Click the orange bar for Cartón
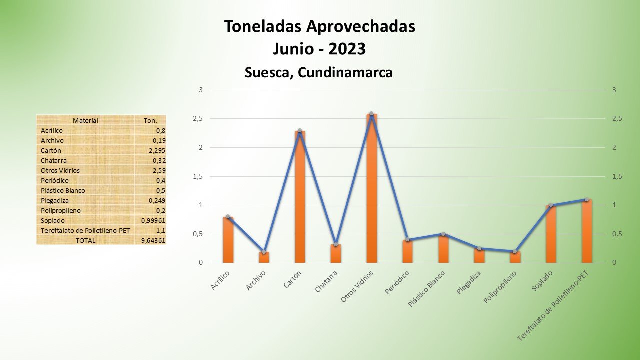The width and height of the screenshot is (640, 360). tap(300, 197)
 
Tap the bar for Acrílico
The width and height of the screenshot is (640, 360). tap(228, 240)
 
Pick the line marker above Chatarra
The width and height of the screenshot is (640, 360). tap(336, 244)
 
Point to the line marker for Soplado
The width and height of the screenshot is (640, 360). tap(551, 205)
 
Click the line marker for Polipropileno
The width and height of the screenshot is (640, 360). tap(515, 251)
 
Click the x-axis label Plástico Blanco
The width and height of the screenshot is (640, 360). tap(427, 289)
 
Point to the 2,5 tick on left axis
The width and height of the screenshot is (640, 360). tap(198, 119)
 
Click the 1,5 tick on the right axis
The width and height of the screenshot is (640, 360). tap(617, 176)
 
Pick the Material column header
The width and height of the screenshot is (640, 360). tap(85, 120)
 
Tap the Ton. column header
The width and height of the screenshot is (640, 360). tap(150, 120)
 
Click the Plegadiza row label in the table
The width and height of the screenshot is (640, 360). tap(55, 200)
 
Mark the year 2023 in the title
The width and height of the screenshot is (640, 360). tap(347, 49)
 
